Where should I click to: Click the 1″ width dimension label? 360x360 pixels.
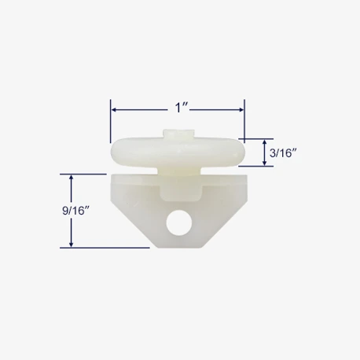click(x=182, y=108)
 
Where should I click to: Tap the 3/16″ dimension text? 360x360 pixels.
click(x=284, y=153)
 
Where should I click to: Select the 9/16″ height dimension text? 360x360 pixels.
click(x=76, y=211)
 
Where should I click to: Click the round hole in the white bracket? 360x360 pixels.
click(x=178, y=222)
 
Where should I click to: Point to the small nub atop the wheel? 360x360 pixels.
click(x=178, y=134)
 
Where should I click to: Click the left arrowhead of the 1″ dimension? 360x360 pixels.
click(x=114, y=110)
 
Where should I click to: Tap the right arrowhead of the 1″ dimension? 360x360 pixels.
click(x=241, y=110)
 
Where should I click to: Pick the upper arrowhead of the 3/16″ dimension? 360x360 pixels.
click(x=265, y=142)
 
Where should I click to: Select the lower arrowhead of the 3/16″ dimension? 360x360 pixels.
click(x=265, y=163)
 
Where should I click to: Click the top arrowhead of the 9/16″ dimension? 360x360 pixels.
click(x=71, y=178)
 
